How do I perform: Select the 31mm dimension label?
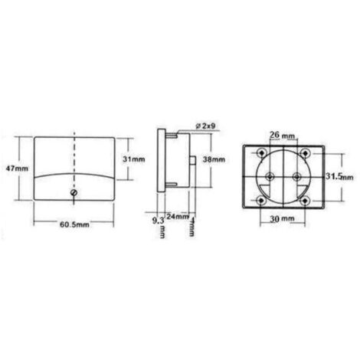[135, 159]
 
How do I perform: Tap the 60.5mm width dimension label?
[75, 226]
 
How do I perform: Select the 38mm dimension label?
[214, 159]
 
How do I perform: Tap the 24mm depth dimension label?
[178, 218]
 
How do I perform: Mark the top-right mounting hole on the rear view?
[304, 151]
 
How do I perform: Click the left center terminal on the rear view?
[270, 175]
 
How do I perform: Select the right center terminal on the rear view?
[297, 175]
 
